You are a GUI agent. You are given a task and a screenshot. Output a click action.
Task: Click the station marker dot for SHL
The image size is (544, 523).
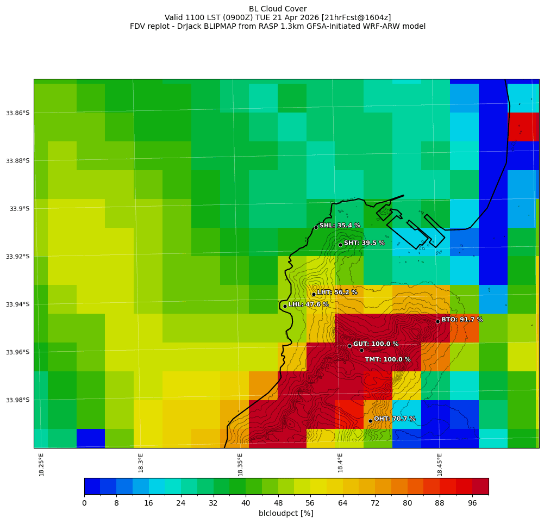tap(316, 227)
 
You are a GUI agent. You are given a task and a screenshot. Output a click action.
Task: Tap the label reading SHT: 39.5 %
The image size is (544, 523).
tap(364, 243)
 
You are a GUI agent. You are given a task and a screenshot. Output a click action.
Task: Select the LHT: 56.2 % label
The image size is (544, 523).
tap(337, 292)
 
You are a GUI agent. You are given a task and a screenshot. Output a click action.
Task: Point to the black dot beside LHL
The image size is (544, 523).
tap(285, 306)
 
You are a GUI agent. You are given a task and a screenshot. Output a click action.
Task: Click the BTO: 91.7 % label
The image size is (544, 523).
tap(462, 320)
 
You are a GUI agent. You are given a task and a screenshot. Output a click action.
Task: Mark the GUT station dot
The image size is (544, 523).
tap(349, 346)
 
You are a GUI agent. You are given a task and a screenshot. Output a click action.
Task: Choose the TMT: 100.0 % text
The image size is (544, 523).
tap(387, 359)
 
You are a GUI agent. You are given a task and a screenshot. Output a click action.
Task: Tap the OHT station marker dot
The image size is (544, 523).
tap(370, 421)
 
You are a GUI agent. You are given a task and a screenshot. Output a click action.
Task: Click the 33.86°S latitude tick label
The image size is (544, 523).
tap(17, 113)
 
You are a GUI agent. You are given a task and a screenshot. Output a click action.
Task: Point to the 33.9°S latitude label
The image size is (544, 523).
tap(20, 209)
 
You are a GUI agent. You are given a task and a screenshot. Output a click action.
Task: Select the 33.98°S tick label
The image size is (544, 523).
tap(17, 400)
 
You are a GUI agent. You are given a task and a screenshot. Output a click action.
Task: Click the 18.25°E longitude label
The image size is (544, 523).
tap(42, 464)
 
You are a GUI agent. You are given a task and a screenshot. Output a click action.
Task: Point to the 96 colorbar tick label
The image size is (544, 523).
tap(472, 503)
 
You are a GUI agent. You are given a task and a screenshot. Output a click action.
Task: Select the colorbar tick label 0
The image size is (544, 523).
tap(84, 503)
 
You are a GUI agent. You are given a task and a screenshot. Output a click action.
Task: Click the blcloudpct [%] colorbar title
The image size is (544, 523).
tap(286, 513)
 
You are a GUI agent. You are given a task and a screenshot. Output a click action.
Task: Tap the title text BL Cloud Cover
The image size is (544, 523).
tap(278, 9)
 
